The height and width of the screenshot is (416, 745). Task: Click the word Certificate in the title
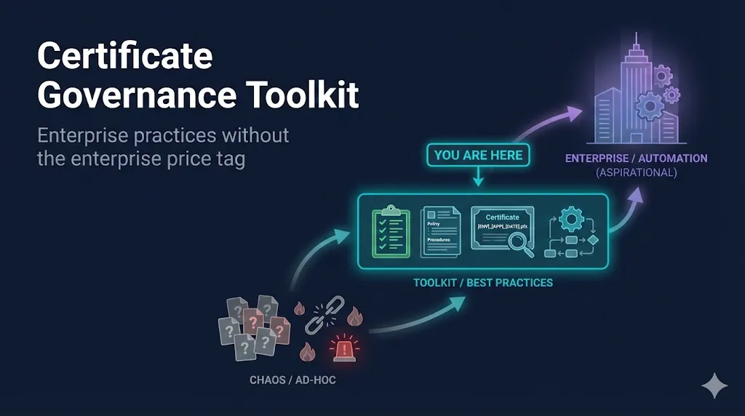click(x=125, y=57)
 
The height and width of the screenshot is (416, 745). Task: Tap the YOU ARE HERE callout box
click(x=478, y=155)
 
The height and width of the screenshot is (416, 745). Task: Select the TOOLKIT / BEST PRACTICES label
click(x=482, y=282)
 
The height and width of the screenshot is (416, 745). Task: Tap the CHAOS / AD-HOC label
click(x=293, y=380)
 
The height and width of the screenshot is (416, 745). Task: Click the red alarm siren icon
click(x=344, y=350)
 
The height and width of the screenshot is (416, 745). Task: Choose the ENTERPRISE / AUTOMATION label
click(x=635, y=159)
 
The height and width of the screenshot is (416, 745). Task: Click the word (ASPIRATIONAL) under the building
click(x=636, y=172)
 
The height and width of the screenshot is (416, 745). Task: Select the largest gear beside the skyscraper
click(x=649, y=107)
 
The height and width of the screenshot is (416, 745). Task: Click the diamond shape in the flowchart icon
click(x=592, y=239)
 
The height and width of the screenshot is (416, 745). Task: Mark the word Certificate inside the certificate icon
click(x=503, y=217)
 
